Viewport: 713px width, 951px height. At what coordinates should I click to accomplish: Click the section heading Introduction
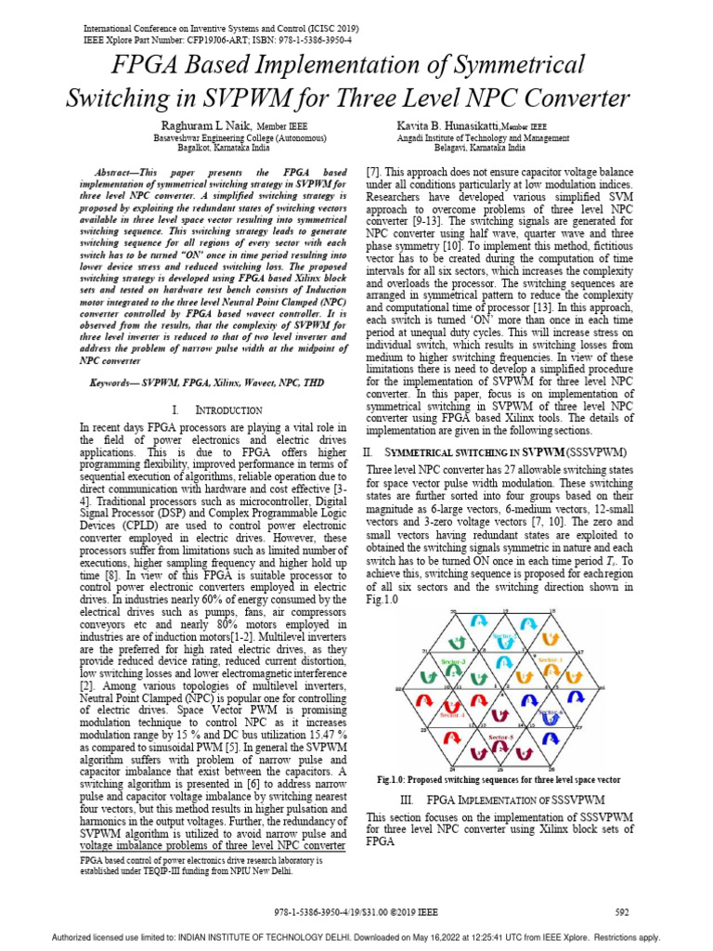click(229, 410)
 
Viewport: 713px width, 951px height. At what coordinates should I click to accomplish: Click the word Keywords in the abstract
click(113, 382)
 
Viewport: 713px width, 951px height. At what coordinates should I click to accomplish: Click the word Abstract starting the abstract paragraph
click(123, 173)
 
